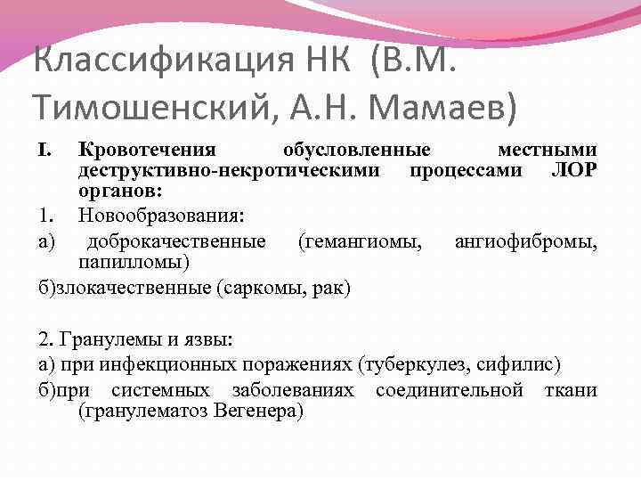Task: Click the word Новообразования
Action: pos(159,215)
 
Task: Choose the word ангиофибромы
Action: pos(525,240)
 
